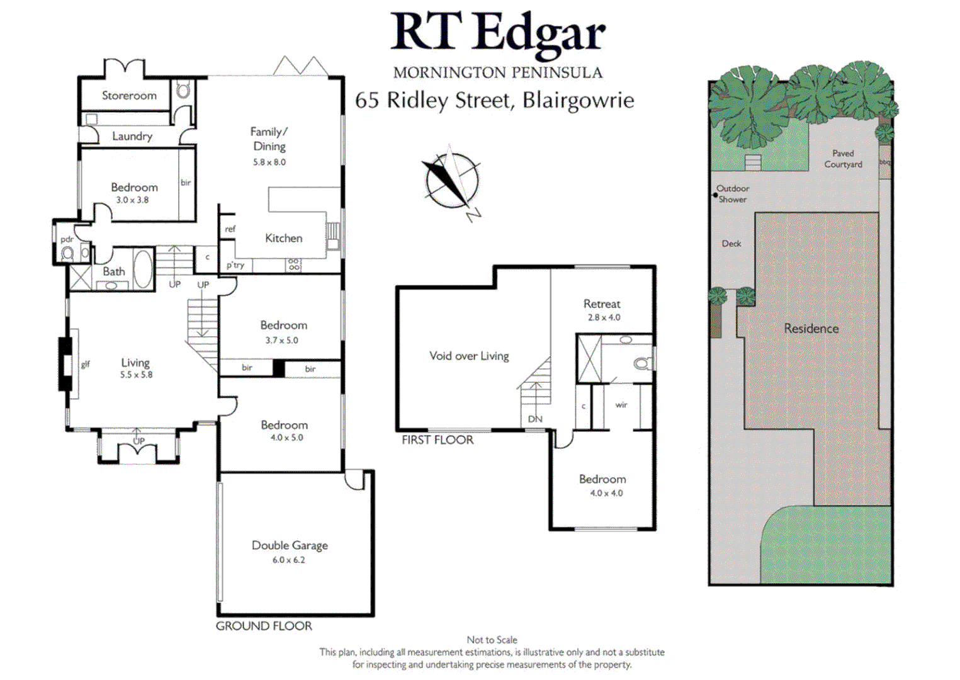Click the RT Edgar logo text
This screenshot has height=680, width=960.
(x=497, y=32)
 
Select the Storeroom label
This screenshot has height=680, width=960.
(x=129, y=96)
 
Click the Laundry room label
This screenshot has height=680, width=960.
(x=132, y=136)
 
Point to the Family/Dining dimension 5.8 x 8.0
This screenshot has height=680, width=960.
(x=269, y=162)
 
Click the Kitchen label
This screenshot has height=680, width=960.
(x=283, y=238)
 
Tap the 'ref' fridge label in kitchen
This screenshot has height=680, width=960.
(x=230, y=229)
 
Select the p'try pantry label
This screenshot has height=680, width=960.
(x=235, y=265)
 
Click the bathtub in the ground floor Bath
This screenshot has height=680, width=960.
(x=143, y=269)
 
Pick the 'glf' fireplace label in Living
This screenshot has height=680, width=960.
(x=85, y=364)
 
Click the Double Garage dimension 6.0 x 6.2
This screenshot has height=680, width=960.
(x=289, y=560)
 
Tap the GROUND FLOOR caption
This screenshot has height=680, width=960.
(x=264, y=626)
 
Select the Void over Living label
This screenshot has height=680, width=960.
(x=469, y=356)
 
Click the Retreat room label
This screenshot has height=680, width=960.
(x=602, y=304)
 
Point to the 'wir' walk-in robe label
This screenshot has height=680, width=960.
(x=621, y=405)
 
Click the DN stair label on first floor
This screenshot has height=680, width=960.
(x=535, y=419)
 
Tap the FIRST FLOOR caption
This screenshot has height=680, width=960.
(x=438, y=440)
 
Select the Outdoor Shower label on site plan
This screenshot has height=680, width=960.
(x=733, y=194)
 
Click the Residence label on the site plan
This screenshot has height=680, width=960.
(x=811, y=329)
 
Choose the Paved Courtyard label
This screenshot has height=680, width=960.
(x=843, y=159)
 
